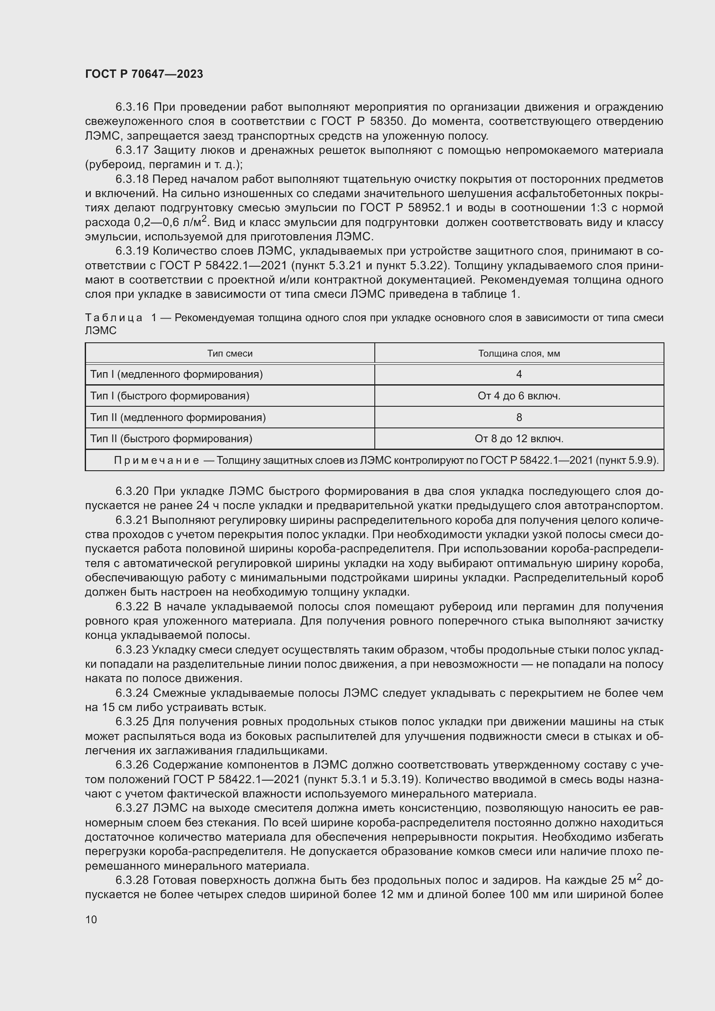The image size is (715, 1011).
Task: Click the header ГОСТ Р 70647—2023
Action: [x=144, y=74]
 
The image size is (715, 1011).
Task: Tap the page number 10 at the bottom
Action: [x=91, y=919]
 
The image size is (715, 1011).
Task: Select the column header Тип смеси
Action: [x=230, y=354]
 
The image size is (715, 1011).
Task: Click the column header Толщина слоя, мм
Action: [x=519, y=354]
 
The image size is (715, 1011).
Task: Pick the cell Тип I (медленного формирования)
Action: [x=176, y=374]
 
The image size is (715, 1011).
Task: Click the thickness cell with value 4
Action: [x=519, y=374]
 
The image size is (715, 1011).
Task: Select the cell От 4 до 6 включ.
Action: [x=519, y=396]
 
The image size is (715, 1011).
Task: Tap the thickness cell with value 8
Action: [x=519, y=418]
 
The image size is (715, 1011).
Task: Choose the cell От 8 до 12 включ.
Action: [x=519, y=439]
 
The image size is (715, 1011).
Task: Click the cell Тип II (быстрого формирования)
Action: [x=171, y=439]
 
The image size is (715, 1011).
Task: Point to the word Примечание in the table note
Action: [x=156, y=461]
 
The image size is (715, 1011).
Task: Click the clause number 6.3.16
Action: [x=133, y=107]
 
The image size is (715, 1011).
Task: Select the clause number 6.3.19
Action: [x=133, y=251]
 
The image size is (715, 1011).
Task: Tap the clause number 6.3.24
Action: [x=133, y=693]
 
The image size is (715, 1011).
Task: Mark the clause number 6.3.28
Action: [x=133, y=880]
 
